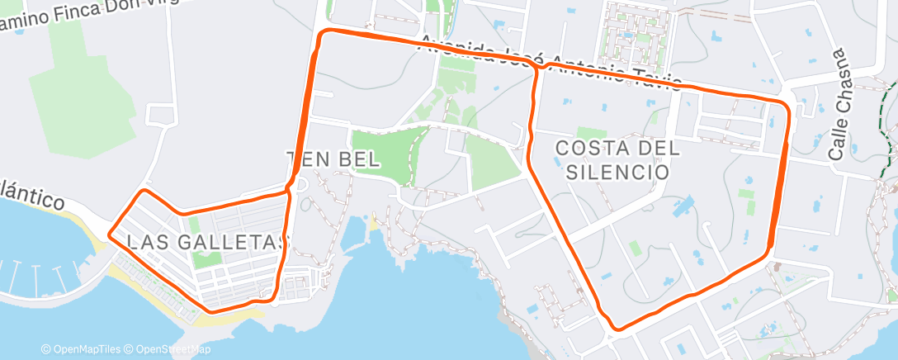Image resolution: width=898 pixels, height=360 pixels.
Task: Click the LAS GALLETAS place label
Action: [208, 242]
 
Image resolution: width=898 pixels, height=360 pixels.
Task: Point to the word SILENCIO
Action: [617, 172]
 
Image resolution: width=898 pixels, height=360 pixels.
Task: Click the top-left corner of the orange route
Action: [324, 33]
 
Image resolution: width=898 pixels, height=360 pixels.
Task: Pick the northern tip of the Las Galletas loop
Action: [146, 192]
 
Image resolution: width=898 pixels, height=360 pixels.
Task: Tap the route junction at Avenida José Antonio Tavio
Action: [537, 69]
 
